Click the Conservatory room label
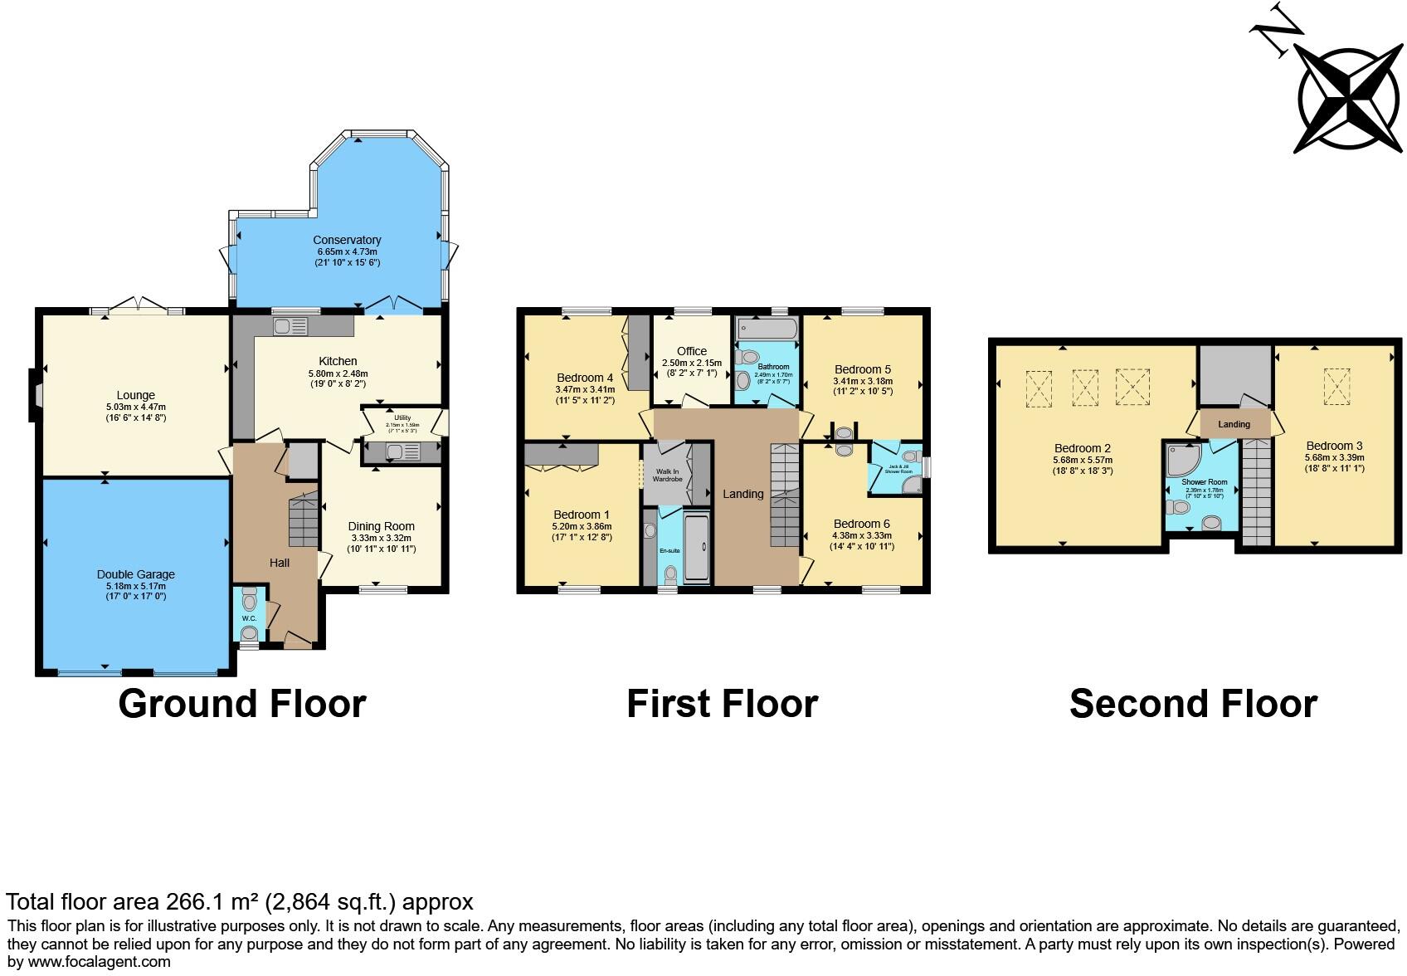(x=348, y=241)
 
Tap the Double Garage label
(x=135, y=574)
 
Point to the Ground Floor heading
(x=241, y=704)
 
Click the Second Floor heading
(x=1192, y=704)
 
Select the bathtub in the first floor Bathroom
(x=766, y=330)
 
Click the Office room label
(x=691, y=351)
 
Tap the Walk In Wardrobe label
(x=667, y=476)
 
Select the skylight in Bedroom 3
(x=1336, y=387)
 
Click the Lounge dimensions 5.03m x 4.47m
(x=135, y=407)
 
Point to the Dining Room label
(x=381, y=526)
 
